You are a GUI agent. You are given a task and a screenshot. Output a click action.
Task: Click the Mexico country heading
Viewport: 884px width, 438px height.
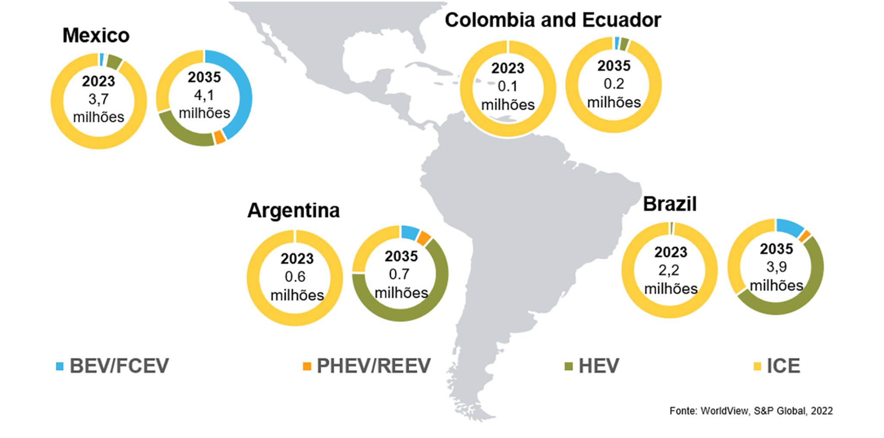pos(96,35)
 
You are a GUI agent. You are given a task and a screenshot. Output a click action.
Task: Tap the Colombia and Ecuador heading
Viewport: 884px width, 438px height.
pos(553,20)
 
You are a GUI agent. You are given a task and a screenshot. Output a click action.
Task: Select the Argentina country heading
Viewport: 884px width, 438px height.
pos(294,211)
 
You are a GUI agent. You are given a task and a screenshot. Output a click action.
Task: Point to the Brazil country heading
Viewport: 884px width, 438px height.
pos(670,204)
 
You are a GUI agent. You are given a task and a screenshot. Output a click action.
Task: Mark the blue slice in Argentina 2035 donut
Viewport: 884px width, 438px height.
pos(410,233)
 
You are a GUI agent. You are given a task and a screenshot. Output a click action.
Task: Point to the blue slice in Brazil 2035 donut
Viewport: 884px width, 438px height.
pos(789,227)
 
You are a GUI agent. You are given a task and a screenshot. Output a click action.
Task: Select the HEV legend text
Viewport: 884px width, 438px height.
pos(599,366)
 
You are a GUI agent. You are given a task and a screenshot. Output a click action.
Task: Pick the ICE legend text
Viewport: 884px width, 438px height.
pos(783,366)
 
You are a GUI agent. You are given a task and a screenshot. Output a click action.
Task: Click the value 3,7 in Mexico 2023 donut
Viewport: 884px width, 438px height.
pos(98,100)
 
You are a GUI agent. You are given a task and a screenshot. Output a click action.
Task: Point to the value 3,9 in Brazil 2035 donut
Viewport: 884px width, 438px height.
pos(777,268)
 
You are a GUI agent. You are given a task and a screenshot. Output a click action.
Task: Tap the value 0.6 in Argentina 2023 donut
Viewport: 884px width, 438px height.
pos(295,277)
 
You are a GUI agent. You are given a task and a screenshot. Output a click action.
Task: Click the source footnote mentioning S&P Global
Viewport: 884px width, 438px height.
pos(751,411)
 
